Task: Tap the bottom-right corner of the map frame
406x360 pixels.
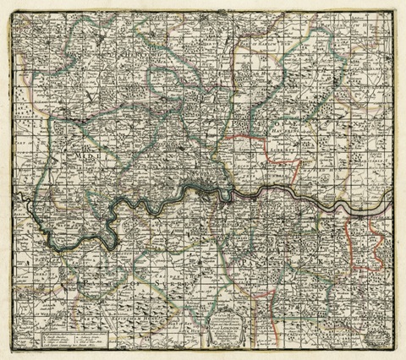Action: click(394, 349)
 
